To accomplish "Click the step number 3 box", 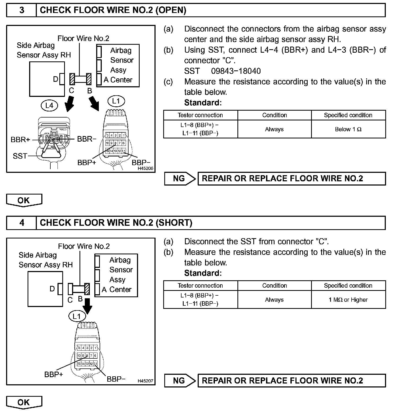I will [21, 10].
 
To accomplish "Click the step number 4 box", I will [21, 223].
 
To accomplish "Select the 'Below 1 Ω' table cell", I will [348, 129].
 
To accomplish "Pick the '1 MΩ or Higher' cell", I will [348, 300].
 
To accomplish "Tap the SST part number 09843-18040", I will [236, 71].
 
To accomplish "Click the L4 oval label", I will [49, 106].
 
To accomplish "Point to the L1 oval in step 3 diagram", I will [116, 101].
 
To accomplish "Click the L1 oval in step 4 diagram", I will [77, 316].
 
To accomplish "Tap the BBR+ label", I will [20, 139].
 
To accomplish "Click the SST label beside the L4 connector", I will [20, 156].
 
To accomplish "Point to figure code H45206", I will [145, 169].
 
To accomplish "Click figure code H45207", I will [145, 381].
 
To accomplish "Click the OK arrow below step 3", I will [24, 200].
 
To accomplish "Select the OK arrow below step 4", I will [24, 403].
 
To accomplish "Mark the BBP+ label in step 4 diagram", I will [54, 375].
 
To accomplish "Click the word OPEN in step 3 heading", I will [171, 10].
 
